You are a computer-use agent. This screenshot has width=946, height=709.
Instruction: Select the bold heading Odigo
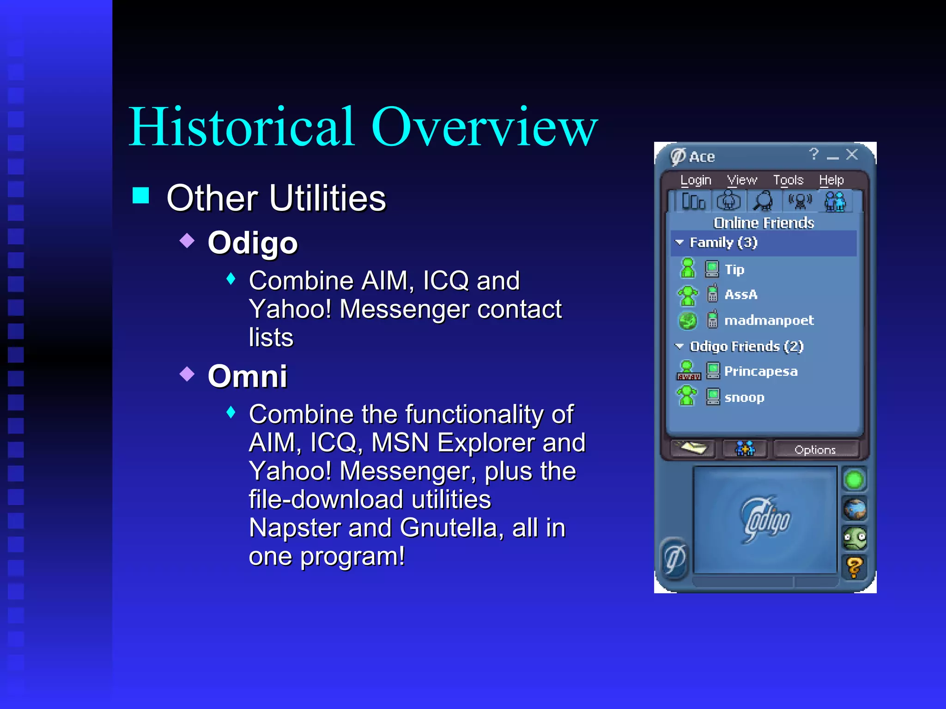[x=253, y=243]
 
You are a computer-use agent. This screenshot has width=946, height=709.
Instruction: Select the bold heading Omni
[x=248, y=376]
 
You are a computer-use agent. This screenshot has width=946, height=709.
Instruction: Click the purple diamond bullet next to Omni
[x=187, y=373]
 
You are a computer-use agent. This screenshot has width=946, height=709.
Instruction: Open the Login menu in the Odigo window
[x=696, y=180]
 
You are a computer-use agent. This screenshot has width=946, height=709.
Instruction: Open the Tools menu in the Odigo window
[x=788, y=180]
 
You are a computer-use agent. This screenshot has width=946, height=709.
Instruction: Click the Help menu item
[x=831, y=180]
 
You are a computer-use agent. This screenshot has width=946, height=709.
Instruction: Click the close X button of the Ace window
[x=852, y=155]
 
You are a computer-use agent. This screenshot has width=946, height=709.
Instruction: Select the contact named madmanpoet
[x=769, y=320]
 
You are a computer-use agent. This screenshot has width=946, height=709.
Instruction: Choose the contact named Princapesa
[x=760, y=371]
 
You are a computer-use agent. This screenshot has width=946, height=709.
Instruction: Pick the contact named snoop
[x=744, y=397]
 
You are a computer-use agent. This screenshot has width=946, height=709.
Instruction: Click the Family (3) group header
[x=723, y=243]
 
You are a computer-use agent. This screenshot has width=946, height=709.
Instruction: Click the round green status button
[x=854, y=480]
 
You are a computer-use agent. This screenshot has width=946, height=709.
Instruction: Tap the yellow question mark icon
[x=854, y=567]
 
